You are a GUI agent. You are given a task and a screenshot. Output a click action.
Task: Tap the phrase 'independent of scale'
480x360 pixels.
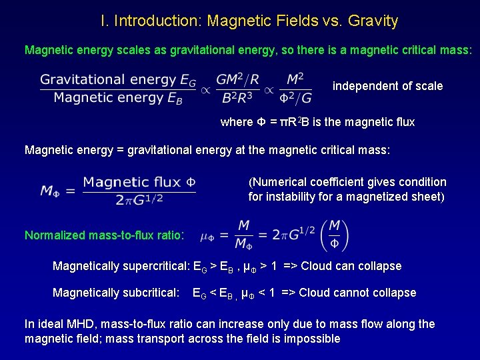[387, 86]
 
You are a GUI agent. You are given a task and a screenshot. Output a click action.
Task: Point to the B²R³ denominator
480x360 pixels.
[237, 99]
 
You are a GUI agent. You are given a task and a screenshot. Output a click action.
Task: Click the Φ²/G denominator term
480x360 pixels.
[295, 99]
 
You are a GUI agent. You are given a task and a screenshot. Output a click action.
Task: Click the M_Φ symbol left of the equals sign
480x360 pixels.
[51, 191]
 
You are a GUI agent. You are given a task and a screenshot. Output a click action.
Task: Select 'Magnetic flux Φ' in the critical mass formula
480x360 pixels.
[139, 182]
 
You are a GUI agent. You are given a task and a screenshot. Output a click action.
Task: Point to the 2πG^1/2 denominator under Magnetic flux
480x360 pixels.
[139, 199]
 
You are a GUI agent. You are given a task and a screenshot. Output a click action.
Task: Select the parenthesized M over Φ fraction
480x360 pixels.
[335, 235]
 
